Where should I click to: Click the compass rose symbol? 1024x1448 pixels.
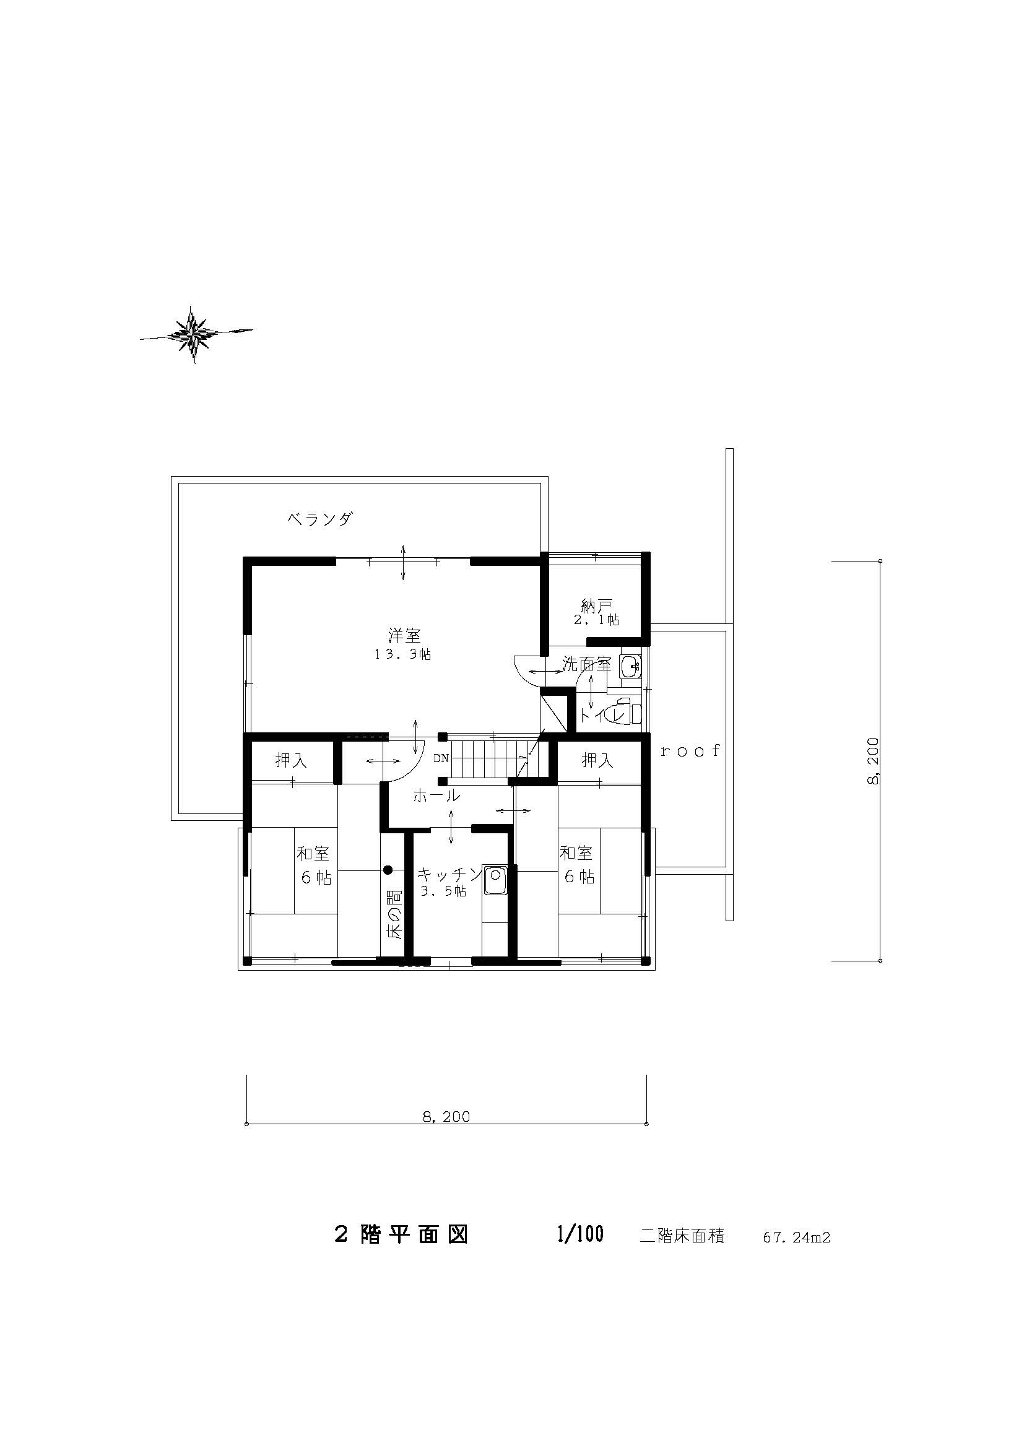(197, 335)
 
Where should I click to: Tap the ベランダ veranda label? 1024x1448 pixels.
(319, 519)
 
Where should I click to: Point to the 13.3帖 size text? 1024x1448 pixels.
(403, 654)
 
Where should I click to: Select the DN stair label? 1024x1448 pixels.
(441, 758)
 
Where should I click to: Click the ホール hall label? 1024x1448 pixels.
(436, 796)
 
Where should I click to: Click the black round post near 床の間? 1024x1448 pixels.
(388, 870)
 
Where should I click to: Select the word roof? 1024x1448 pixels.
(690, 750)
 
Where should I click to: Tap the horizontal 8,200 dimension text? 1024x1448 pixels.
(446, 1116)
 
